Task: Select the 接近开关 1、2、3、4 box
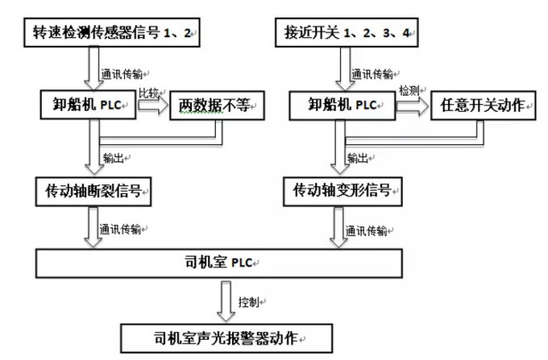[344, 35]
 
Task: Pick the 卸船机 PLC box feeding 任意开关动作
[342, 105]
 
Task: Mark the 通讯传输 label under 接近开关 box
[372, 73]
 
